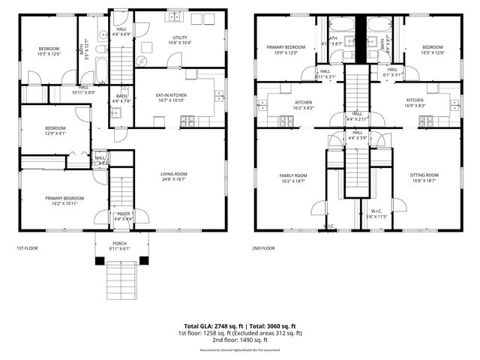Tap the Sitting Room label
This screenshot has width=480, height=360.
click(x=424, y=178)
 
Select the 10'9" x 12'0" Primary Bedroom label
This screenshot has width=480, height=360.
click(x=286, y=49)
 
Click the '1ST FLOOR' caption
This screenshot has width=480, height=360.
click(x=27, y=248)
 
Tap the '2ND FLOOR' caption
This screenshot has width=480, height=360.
click(x=263, y=248)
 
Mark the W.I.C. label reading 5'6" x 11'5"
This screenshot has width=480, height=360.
click(x=377, y=214)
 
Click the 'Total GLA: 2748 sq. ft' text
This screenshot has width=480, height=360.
click(x=211, y=326)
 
